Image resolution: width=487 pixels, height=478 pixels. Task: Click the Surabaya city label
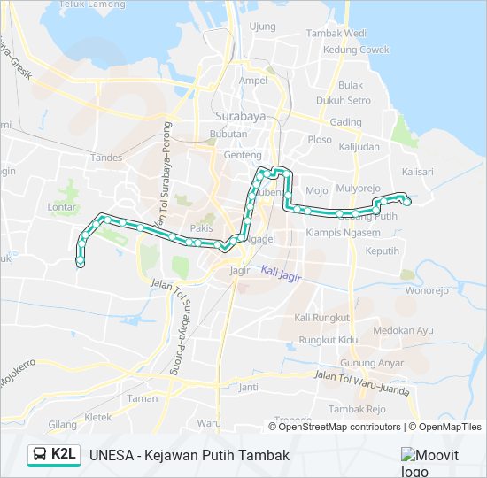click(x=234, y=116)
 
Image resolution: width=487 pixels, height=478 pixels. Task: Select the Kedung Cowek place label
click(x=356, y=50)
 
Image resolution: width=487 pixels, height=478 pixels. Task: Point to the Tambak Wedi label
click(x=336, y=34)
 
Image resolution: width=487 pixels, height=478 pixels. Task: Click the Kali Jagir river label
click(x=282, y=276)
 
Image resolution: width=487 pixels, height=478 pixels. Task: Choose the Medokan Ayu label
click(x=403, y=330)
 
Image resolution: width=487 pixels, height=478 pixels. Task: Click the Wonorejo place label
click(x=427, y=289)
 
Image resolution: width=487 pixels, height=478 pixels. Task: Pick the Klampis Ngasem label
click(x=343, y=233)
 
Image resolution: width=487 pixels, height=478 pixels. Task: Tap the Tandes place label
click(x=105, y=158)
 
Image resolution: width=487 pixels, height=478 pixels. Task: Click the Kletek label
click(x=97, y=416)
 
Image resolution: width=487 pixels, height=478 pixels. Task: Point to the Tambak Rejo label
click(x=357, y=409)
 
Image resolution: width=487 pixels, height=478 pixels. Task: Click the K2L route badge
click(x=63, y=455)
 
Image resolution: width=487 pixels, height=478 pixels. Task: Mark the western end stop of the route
click(x=81, y=263)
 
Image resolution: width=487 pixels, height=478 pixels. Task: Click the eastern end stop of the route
click(x=407, y=202)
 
